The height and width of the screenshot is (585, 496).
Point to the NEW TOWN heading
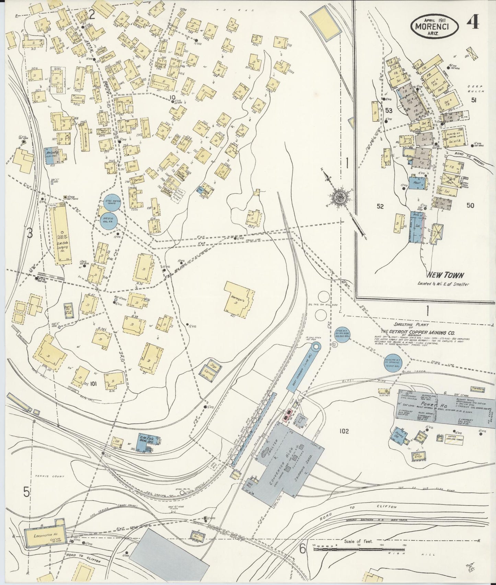pos(445,275)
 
